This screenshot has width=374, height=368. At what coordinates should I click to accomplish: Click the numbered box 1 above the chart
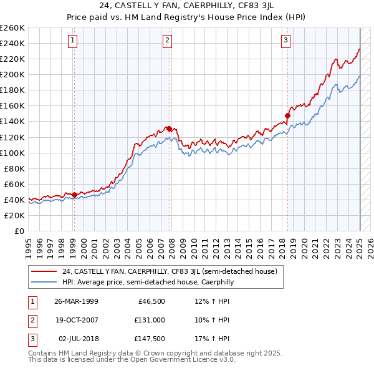73,41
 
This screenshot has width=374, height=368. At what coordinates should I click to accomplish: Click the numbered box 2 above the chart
168,41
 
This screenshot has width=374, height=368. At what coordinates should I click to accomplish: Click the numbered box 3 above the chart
285,41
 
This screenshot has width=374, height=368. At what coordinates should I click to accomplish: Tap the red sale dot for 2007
169,128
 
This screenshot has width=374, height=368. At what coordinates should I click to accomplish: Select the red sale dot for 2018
288,115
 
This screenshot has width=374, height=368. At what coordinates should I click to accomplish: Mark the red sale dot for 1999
74,195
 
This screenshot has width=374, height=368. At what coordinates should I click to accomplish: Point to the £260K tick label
12,27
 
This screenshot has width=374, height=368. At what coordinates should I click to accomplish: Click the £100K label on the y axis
12,153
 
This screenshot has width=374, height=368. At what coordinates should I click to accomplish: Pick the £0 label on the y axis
19,231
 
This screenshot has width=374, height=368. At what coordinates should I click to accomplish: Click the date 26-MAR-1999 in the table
76,301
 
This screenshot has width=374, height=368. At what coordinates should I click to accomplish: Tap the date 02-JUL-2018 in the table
76,339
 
